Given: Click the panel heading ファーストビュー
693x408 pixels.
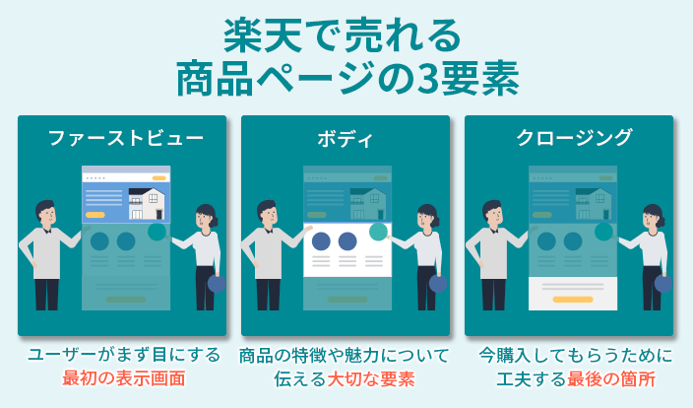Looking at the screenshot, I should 126,138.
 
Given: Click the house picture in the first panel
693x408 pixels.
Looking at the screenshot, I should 147,203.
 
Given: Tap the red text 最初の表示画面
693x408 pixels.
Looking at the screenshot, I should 124,378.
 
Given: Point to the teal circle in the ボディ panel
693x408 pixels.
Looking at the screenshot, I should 378,232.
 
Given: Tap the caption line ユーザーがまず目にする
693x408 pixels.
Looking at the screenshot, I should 124,355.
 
